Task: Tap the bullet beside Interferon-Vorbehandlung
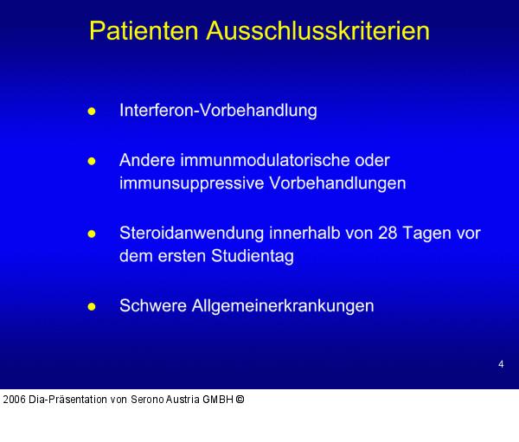coord(92,112)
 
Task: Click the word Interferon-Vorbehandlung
coord(218,111)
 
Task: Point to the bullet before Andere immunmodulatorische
coord(92,162)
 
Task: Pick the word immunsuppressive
coord(180,183)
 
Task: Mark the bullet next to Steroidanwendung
coord(92,234)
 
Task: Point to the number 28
coord(388,234)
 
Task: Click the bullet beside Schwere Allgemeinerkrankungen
coord(92,307)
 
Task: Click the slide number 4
coord(501,364)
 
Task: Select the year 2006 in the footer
coord(14,400)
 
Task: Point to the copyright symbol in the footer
coord(240,400)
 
